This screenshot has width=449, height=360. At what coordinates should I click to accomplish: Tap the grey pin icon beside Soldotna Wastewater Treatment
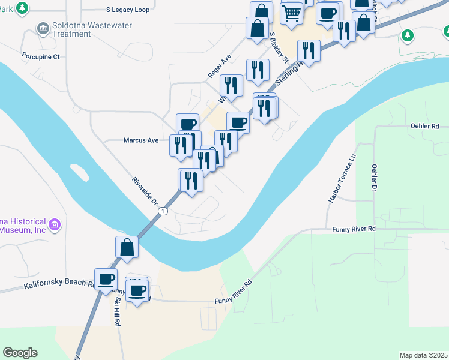(x=43, y=27)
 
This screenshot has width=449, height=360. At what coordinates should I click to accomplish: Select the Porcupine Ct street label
(x=41, y=57)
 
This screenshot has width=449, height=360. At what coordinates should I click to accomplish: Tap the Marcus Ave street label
(x=141, y=140)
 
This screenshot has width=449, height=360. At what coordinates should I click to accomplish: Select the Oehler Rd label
(x=425, y=127)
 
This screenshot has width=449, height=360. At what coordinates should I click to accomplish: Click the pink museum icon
(x=55, y=225)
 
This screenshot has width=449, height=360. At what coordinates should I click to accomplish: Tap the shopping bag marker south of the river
(x=127, y=247)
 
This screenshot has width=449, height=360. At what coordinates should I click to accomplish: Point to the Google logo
(x=20, y=353)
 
